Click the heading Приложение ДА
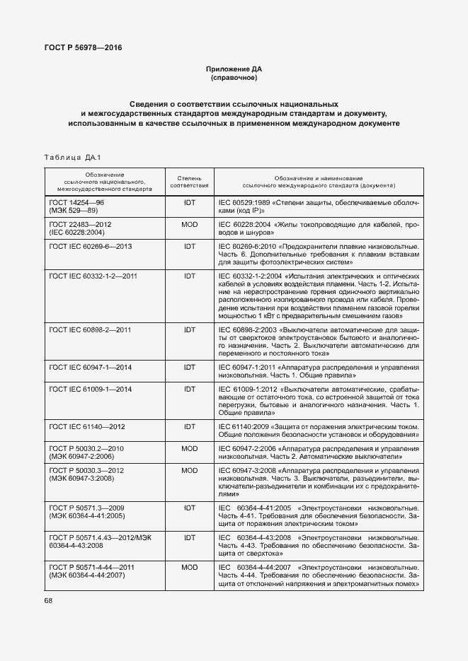coord(234,69)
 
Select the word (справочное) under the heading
coord(234,78)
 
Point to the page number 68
coord(49,600)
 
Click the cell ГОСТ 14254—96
coord(76,202)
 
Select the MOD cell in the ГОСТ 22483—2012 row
coord(189,224)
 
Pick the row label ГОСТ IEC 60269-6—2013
coord(90,246)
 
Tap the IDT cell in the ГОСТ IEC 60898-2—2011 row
coord(189,330)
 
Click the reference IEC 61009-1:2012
coord(248,390)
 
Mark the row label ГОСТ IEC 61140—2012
coord(87,426)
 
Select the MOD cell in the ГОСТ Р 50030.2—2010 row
coord(189,448)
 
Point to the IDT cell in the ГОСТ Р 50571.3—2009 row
coord(189,508)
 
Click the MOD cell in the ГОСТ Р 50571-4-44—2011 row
coord(189,567)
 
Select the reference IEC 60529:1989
coord(245,202)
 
